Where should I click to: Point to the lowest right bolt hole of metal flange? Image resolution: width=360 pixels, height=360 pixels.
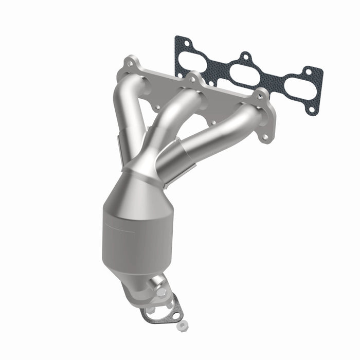pyautogui.click(x=265, y=138)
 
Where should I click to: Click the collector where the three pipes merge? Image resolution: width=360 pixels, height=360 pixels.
pyautogui.click(x=147, y=167)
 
